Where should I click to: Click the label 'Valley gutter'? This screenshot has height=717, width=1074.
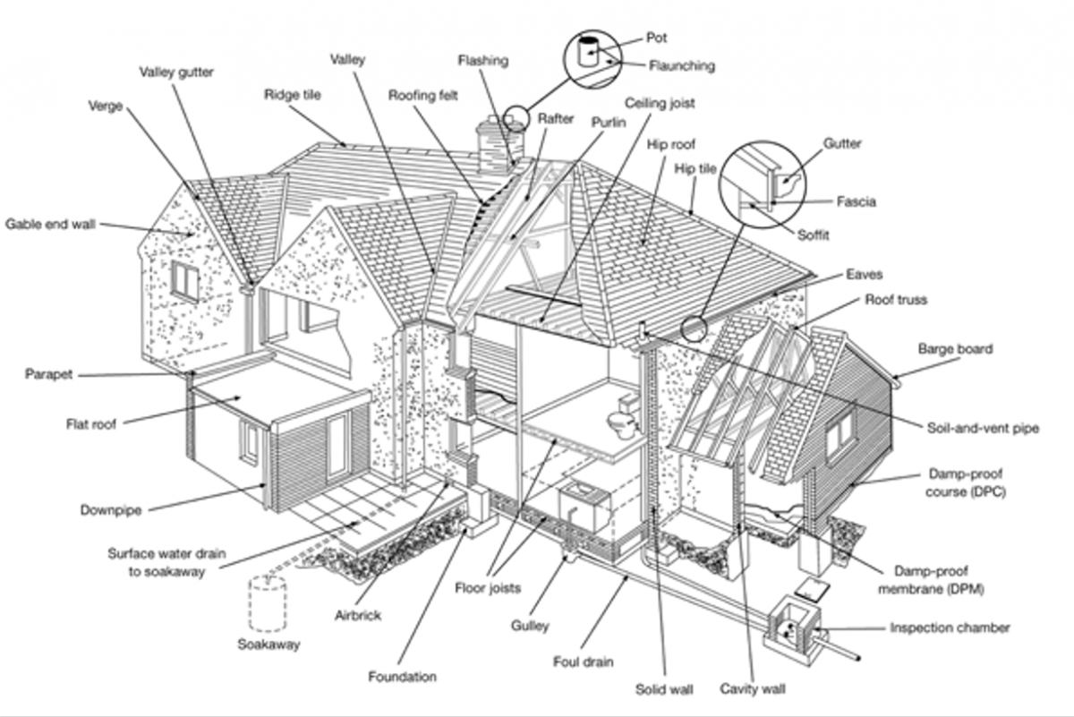[176, 73]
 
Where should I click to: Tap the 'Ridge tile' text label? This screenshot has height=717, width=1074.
[292, 94]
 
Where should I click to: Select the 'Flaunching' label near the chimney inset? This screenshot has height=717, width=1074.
[682, 65]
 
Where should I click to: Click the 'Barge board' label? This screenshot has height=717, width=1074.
[955, 349]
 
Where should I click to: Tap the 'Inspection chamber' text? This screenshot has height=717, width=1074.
[950, 627]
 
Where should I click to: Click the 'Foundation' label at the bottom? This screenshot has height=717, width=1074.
[402, 677]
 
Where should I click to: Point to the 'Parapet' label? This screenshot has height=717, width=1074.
[48, 374]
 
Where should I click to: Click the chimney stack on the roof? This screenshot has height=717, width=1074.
[495, 146]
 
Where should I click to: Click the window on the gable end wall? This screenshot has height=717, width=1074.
[185, 281]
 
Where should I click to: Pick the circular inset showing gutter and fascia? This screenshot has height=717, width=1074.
[763, 183]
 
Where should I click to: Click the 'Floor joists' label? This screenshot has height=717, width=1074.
[487, 588]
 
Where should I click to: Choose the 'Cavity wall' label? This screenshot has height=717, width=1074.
[753, 689]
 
